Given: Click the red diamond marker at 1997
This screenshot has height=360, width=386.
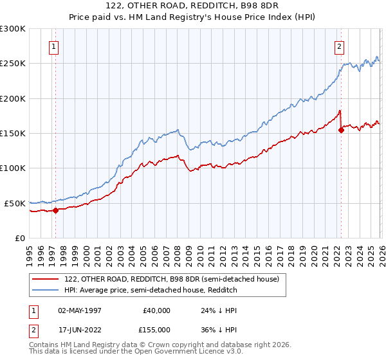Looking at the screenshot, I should coord(55,210).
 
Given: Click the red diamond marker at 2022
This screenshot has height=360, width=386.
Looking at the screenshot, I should coord(341,130).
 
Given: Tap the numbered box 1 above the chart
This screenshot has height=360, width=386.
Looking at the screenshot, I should coord(53,46).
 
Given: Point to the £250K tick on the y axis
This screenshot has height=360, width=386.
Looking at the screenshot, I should coord(13,64).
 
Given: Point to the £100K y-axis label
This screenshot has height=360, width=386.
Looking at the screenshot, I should coord(13,168).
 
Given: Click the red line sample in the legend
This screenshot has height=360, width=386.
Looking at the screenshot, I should coord(46,279).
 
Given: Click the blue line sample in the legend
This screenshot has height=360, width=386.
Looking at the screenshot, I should coord(46,291).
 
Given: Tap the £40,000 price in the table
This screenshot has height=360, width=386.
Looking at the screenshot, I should coord(155,310).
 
